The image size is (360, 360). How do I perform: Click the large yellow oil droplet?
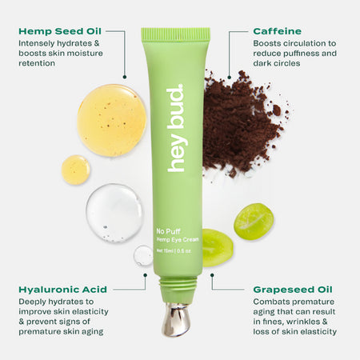[111, 120]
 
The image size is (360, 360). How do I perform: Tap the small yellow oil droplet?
[75, 170]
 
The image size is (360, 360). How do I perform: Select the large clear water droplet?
[114, 212]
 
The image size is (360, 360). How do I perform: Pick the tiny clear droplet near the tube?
[143, 255]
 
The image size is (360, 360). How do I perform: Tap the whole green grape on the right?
[254, 221]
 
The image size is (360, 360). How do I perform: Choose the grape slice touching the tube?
[217, 246]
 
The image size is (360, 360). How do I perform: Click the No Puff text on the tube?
[166, 230]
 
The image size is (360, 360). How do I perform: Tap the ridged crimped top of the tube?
[175, 35]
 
